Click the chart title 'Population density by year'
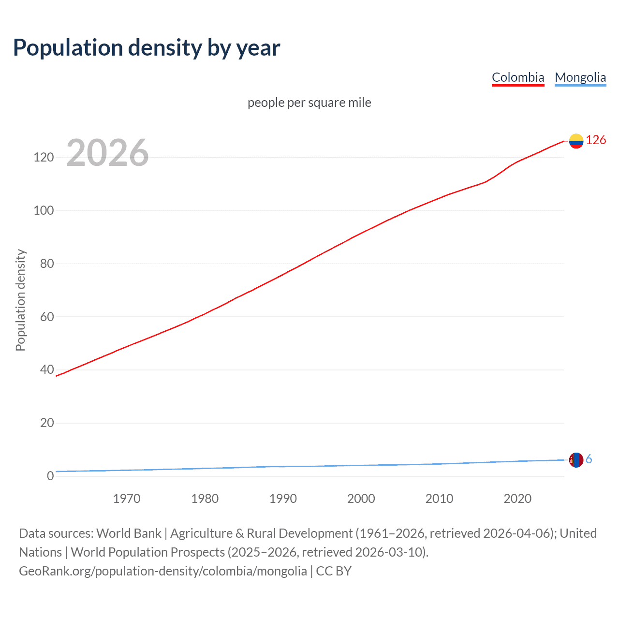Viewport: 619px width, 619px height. [x=147, y=48]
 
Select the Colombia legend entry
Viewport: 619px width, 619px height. [x=518, y=77]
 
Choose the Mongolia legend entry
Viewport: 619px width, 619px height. [x=580, y=77]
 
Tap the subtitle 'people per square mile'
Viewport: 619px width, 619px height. [x=309, y=103]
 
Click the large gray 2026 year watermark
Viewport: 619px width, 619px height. [x=107, y=153]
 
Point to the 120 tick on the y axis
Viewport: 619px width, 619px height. [x=44, y=158]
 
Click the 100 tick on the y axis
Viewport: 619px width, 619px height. [x=44, y=211]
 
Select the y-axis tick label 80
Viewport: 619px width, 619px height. [x=47, y=264]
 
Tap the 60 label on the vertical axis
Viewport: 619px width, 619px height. [x=47, y=317]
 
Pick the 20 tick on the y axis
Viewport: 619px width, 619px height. [x=47, y=423]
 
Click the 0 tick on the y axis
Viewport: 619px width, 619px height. [x=50, y=476]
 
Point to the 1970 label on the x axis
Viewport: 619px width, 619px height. [x=127, y=499]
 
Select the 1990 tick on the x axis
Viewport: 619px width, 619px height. [x=283, y=499]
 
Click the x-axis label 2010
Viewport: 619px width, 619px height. [x=439, y=499]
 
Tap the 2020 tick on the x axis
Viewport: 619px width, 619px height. [x=517, y=499]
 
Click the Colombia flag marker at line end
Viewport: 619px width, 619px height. [x=576, y=141]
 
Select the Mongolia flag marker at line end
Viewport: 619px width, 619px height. [x=576, y=460]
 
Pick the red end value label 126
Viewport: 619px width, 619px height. [x=596, y=140]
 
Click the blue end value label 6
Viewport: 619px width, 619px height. [x=589, y=459]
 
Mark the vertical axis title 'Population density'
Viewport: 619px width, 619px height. [x=20, y=300]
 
